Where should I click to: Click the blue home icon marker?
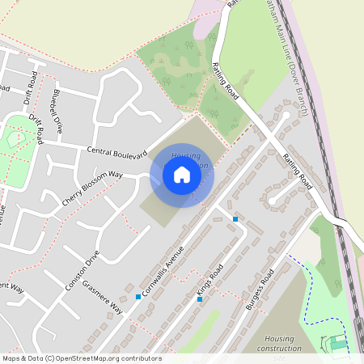click(182, 174)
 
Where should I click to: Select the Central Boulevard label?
click(117, 151)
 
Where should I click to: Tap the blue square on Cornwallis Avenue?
click(138, 297)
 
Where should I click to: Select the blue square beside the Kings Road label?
click(200, 299)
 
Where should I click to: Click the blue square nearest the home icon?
click(235, 219)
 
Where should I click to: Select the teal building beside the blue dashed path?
click(338, 345)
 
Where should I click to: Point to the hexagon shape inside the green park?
click(14, 139)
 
